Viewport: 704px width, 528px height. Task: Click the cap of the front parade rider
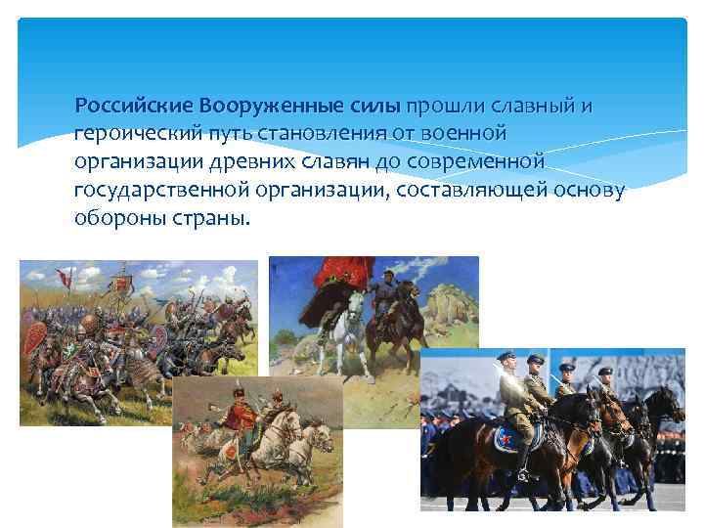point(506,357)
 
